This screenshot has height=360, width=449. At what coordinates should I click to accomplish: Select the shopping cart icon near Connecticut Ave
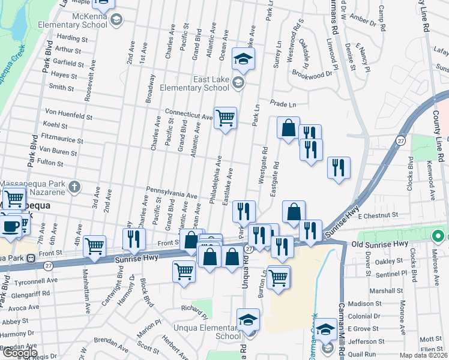(225, 118)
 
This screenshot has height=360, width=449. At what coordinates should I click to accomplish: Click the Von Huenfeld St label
(69, 113)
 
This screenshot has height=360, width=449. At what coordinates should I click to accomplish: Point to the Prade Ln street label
(283, 104)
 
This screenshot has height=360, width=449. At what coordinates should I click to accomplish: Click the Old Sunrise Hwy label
(379, 244)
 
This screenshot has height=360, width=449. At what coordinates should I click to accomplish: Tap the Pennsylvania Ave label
(172, 193)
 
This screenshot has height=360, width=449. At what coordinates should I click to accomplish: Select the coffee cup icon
(10, 225)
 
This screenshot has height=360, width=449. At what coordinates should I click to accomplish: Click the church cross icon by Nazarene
(74, 186)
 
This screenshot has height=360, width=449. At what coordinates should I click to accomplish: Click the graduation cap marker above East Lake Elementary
(244, 59)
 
